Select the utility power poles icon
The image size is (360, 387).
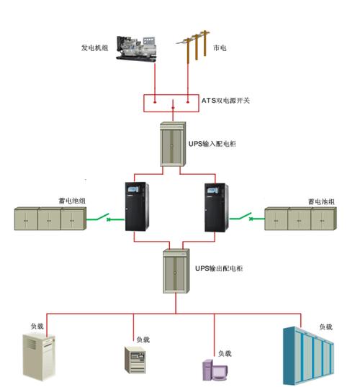point(192,46)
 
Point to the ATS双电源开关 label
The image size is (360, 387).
point(225,101)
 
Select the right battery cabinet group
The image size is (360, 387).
point(300,219)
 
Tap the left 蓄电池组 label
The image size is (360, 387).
point(52,201)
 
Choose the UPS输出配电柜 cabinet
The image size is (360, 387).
point(175,270)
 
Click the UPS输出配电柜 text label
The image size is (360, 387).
point(220,268)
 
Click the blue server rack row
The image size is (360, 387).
point(309,354)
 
